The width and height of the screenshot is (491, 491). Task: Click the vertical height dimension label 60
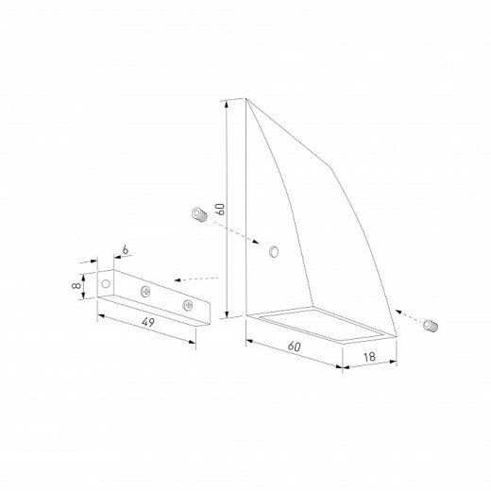click(221, 209)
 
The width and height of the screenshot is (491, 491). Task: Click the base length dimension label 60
click(295, 347)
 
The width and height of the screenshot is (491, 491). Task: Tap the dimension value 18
click(369, 357)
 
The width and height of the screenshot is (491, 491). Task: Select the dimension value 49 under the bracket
click(148, 322)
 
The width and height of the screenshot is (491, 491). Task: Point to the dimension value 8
click(76, 286)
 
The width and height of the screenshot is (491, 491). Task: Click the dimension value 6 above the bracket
click(126, 250)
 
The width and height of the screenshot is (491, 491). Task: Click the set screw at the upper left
click(199, 214)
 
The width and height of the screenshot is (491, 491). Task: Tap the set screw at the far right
click(431, 326)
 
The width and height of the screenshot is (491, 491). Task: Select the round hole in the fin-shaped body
click(274, 251)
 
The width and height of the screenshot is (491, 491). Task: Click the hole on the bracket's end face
click(106, 284)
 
